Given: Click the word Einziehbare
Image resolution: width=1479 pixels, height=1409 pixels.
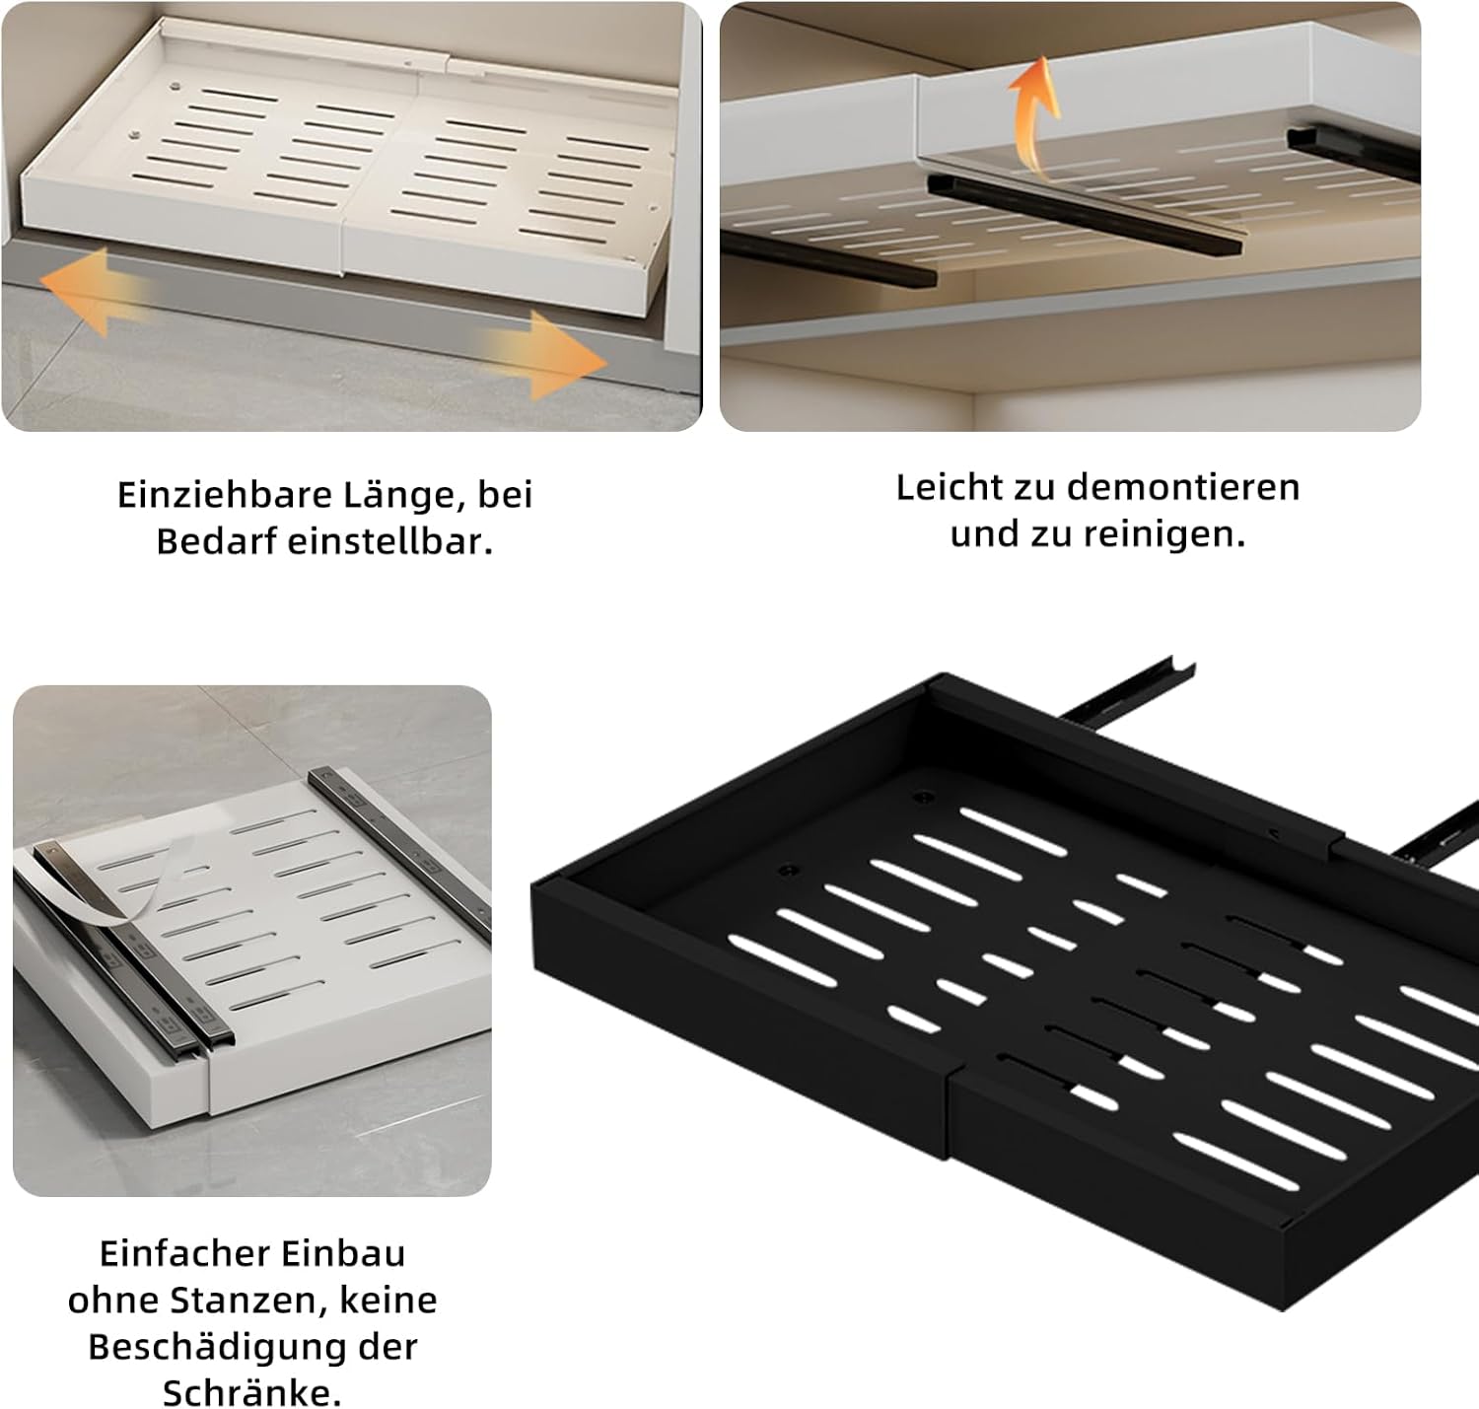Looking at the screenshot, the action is tap(224, 496).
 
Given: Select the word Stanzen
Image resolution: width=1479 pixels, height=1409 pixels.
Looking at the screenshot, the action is tap(249, 1300).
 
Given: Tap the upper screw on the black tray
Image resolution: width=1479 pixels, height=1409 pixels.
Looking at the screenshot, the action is tap(918, 797).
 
